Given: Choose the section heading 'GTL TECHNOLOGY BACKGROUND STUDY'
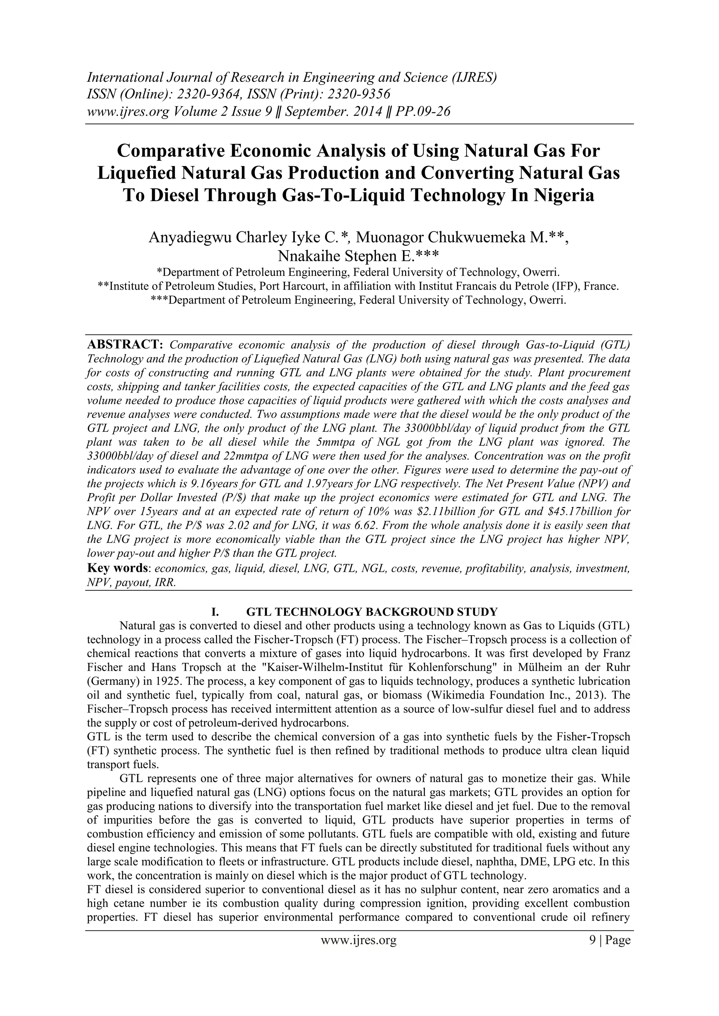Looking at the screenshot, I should pyautogui.click(x=372, y=612).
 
